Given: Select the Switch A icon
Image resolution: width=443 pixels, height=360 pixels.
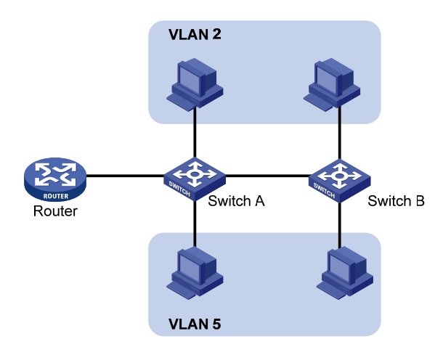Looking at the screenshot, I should (x=195, y=176).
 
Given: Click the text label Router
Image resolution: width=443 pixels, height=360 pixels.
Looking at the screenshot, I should (x=53, y=214).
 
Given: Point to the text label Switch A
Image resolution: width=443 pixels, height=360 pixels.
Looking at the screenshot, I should (x=235, y=201).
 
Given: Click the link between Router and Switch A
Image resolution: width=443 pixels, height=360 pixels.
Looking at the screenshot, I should (x=123, y=175).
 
